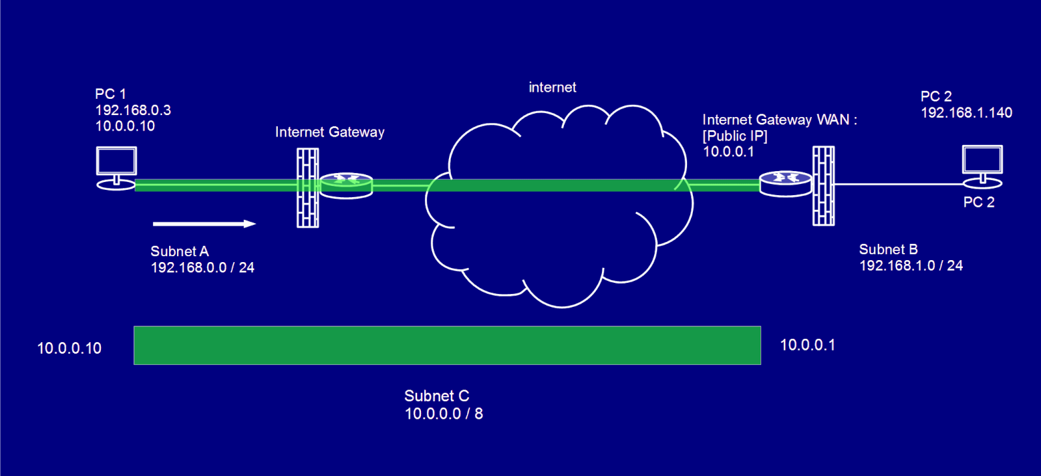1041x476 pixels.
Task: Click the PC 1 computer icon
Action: [x=116, y=168]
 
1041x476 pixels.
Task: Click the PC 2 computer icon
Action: [x=982, y=166]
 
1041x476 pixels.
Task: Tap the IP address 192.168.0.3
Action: [x=133, y=111]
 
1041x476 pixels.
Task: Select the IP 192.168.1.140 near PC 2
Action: [x=966, y=113]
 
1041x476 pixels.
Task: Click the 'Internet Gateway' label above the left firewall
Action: [x=329, y=133]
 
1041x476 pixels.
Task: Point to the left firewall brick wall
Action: [x=308, y=188]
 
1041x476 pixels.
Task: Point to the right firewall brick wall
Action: [x=824, y=186]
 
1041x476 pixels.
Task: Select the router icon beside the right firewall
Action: [x=785, y=185]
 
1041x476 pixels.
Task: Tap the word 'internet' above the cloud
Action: [x=552, y=87]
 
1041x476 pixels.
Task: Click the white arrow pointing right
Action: [x=204, y=224]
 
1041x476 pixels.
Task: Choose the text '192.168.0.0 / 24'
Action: [x=202, y=268]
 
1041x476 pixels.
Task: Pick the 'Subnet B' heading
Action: [x=888, y=250]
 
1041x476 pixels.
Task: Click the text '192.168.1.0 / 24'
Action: [x=911, y=265]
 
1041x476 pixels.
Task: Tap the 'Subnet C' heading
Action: [x=437, y=396]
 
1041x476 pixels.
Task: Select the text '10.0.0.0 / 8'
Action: [x=444, y=414]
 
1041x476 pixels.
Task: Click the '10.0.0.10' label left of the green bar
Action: [x=69, y=349]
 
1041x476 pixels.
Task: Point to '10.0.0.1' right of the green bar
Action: [x=807, y=345]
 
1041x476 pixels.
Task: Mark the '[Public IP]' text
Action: [x=735, y=136]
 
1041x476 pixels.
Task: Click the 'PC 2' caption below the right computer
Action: [x=979, y=202]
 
